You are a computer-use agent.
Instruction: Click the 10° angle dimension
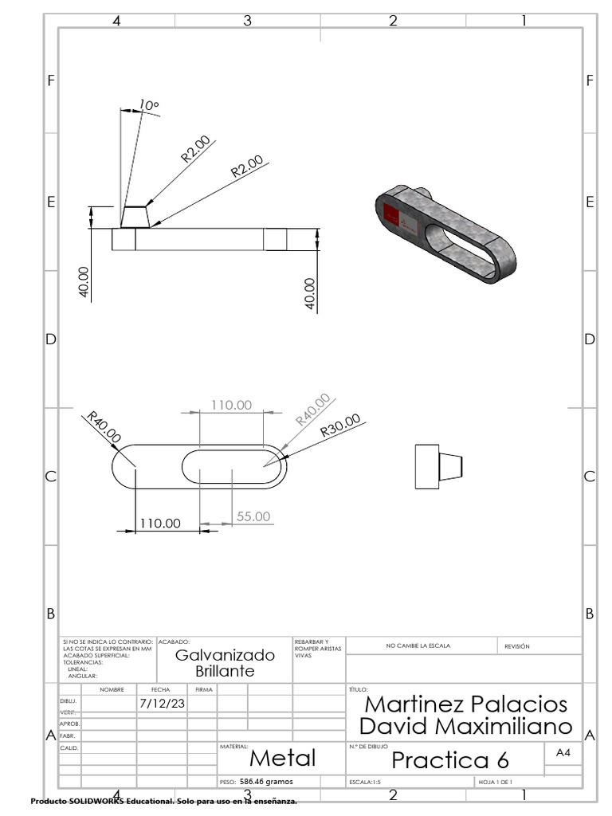(149, 105)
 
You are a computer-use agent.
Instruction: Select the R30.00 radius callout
(340, 426)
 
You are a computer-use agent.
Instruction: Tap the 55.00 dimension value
(253, 516)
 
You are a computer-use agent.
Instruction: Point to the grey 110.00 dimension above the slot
(231, 405)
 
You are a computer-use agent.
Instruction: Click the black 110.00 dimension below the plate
(161, 524)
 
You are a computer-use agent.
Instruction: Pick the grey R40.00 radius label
(312, 410)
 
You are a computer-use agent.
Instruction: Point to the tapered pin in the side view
(451, 467)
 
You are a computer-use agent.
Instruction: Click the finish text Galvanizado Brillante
(225, 663)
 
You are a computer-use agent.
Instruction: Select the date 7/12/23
(163, 704)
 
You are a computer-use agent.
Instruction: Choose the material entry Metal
(282, 758)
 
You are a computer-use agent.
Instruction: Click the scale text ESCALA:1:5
(366, 783)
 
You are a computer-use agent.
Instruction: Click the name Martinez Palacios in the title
(465, 704)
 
